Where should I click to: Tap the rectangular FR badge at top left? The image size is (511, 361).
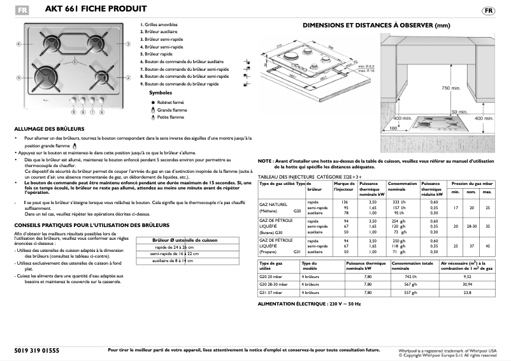(22, 10)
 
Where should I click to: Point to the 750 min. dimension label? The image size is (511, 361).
(450, 87)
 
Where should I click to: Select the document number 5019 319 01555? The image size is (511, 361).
(36, 350)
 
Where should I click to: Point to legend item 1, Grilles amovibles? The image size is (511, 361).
(160, 25)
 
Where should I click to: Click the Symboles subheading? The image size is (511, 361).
(161, 92)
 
